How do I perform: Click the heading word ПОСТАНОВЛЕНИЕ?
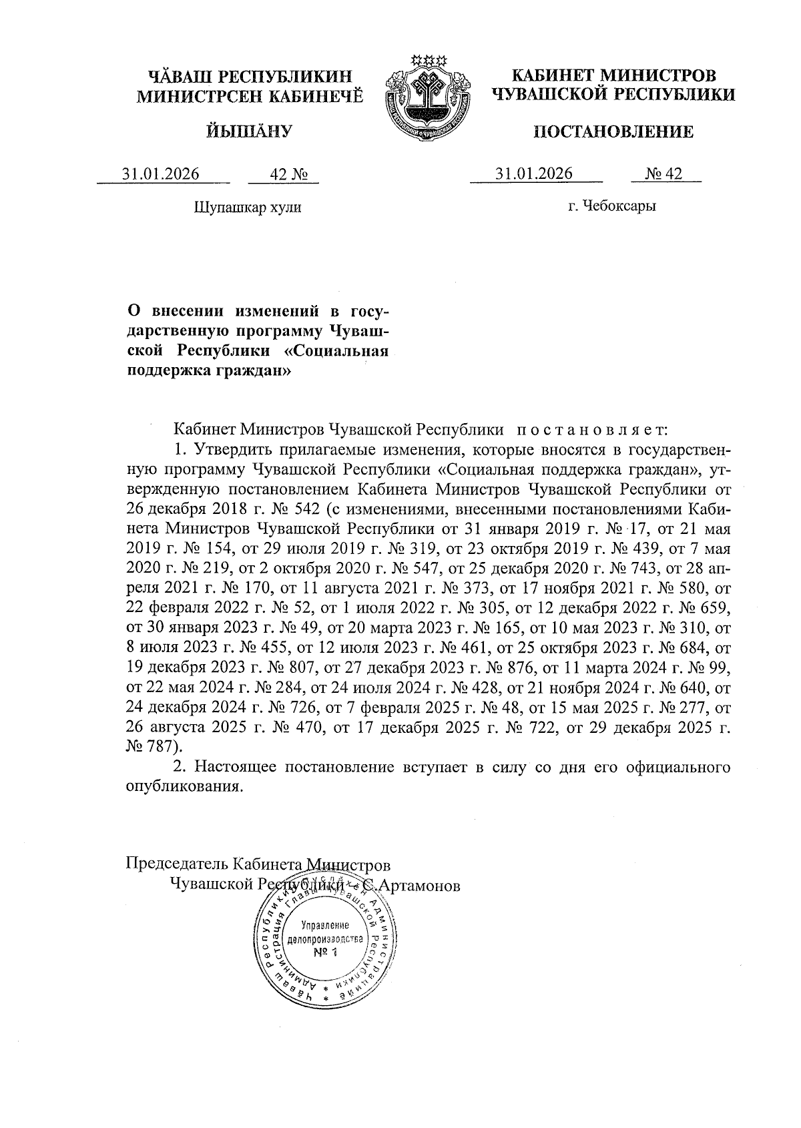coord(613,131)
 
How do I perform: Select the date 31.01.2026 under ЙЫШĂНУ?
coord(161,174)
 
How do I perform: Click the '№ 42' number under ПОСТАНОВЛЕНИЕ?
coord(663,174)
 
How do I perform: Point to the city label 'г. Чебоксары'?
coord(611,206)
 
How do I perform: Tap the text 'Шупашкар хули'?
coord(248,207)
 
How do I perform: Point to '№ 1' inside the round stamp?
coord(326,952)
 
